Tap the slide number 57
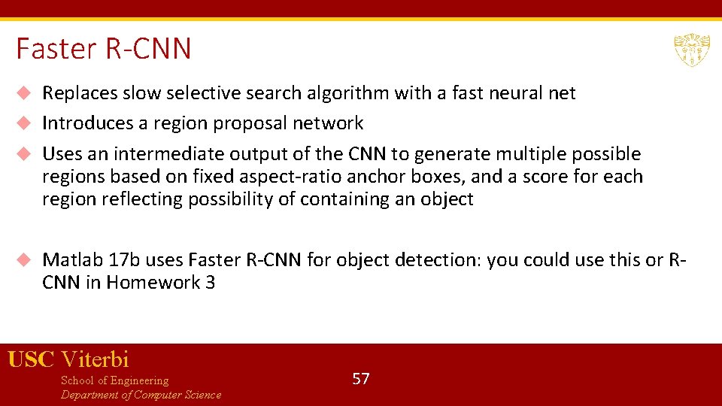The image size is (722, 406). pyautogui.click(x=361, y=378)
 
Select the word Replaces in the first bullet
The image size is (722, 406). pyautogui.click(x=80, y=93)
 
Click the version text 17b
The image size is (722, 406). pyautogui.click(x=124, y=260)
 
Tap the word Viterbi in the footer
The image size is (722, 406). pyautogui.click(x=95, y=359)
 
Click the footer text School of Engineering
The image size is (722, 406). pyautogui.click(x=114, y=380)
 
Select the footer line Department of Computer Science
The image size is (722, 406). pyautogui.click(x=141, y=395)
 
